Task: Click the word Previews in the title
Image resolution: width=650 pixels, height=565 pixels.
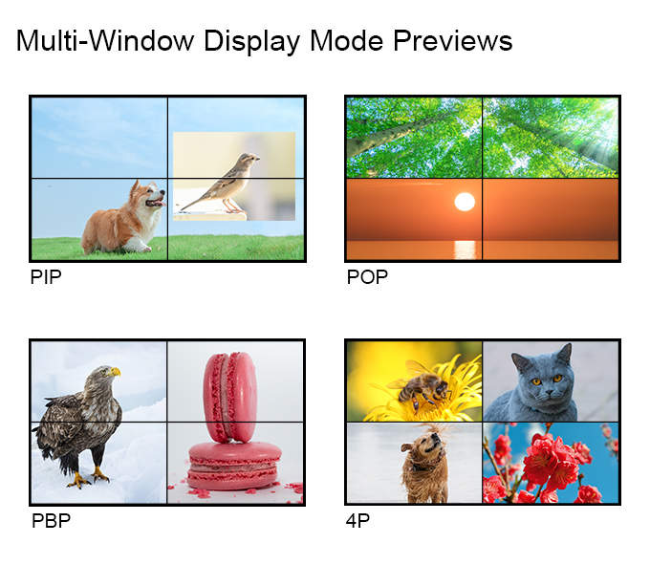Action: click(453, 40)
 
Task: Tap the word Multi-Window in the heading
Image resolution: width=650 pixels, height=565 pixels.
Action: click(105, 40)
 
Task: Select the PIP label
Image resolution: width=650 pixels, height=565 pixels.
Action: click(46, 277)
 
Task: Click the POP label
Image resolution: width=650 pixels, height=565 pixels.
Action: click(367, 277)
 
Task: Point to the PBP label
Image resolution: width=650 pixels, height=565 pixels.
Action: click(51, 521)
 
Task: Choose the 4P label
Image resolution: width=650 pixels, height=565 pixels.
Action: click(357, 521)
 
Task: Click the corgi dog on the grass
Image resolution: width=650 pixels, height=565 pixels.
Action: click(123, 217)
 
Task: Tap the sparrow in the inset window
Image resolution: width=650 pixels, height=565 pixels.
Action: click(221, 184)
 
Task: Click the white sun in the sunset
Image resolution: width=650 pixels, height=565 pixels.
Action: click(465, 202)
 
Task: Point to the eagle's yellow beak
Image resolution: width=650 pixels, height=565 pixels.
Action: click(115, 372)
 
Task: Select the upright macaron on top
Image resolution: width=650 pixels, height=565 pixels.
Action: click(230, 397)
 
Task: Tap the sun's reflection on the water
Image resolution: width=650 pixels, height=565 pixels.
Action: click(466, 250)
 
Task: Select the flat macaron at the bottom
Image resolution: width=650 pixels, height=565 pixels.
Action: click(233, 466)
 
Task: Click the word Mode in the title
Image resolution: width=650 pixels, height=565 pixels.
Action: click(347, 40)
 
